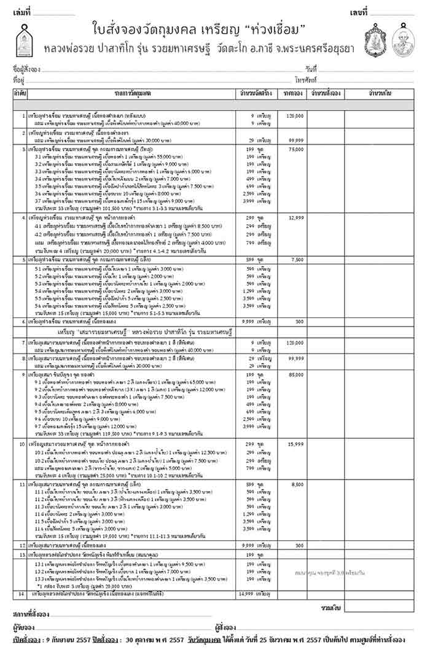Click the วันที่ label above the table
point(310,68)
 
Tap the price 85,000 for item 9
point(295,374)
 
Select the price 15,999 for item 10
point(295,443)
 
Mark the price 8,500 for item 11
point(297,484)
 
